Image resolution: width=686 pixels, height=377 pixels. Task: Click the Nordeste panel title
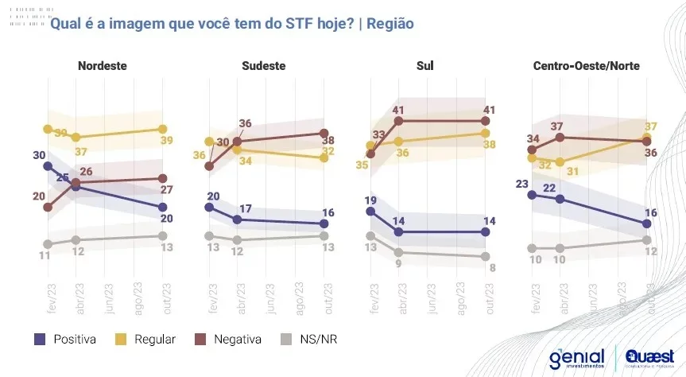coord(103,65)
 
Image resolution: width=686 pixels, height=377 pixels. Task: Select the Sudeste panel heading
coord(263,65)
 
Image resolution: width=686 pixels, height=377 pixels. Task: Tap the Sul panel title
coord(424,65)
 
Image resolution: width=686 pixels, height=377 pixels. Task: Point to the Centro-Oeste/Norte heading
coord(587,65)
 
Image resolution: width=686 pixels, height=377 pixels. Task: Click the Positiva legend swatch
coord(40,339)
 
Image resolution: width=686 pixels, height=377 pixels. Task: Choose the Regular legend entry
coord(128,339)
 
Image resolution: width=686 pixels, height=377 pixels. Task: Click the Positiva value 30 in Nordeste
coord(39,155)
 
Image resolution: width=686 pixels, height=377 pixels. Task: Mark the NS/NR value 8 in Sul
coord(493,267)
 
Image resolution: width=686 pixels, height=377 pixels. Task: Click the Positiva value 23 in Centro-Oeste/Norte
coord(521,183)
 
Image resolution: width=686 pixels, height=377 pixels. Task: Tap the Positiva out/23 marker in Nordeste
coord(162,208)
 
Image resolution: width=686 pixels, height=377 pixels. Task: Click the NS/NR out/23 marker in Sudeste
coord(324,235)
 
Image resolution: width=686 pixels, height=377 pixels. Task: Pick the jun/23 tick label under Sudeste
coord(269,298)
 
